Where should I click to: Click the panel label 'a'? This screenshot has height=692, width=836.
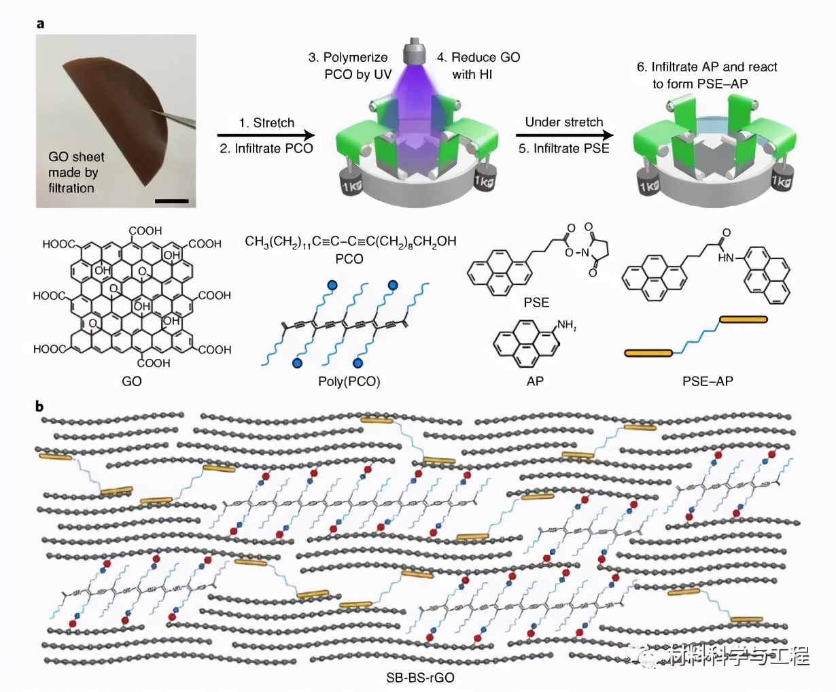[41, 24]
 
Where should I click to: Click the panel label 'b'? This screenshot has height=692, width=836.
[40, 406]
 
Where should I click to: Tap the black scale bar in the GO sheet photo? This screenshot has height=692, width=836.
[175, 200]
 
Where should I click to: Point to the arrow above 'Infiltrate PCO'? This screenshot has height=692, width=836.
[266, 135]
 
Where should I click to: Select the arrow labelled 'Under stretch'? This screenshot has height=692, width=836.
[563, 135]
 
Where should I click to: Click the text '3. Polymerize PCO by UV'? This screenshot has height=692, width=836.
[349, 66]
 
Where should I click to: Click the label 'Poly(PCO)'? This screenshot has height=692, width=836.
[349, 381]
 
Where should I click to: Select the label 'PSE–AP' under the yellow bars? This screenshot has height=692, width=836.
[708, 381]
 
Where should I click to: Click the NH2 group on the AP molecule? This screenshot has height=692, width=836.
[566, 326]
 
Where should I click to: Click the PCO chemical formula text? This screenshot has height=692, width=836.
[350, 241]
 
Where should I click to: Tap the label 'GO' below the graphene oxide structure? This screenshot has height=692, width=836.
[132, 381]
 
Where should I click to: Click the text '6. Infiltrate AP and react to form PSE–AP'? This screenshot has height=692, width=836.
[707, 75]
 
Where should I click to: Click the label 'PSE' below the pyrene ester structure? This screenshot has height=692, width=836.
[536, 302]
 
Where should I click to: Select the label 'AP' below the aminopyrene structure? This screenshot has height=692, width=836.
[535, 381]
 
